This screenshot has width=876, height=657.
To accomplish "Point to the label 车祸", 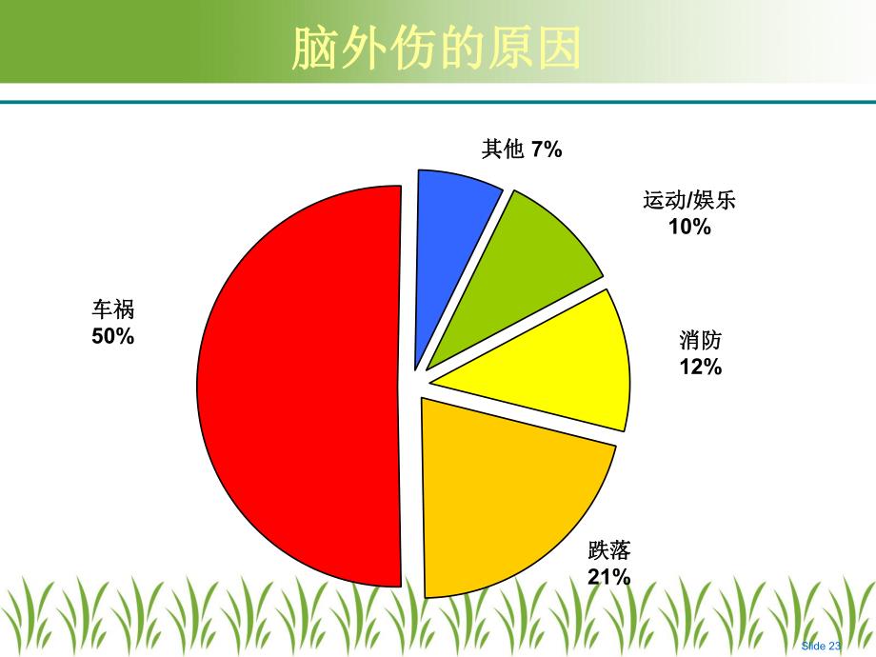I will [x=112, y=310].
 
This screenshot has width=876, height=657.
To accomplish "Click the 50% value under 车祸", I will [x=112, y=335].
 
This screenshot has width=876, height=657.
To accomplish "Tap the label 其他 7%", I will [x=522, y=149].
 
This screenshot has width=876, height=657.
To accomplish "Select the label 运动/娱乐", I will [x=689, y=201].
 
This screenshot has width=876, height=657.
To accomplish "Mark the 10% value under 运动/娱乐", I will [x=689, y=227].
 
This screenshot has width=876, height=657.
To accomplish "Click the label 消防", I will [x=701, y=341].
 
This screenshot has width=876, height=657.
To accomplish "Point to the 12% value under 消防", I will [x=701, y=367].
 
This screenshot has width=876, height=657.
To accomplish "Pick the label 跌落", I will [x=609, y=550].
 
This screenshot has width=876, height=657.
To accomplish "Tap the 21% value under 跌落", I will [x=609, y=576].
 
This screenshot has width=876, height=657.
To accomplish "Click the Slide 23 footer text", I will [x=822, y=645].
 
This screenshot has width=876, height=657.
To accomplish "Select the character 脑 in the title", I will [x=314, y=48].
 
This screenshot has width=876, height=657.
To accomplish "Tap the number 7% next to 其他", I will [x=547, y=149].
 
